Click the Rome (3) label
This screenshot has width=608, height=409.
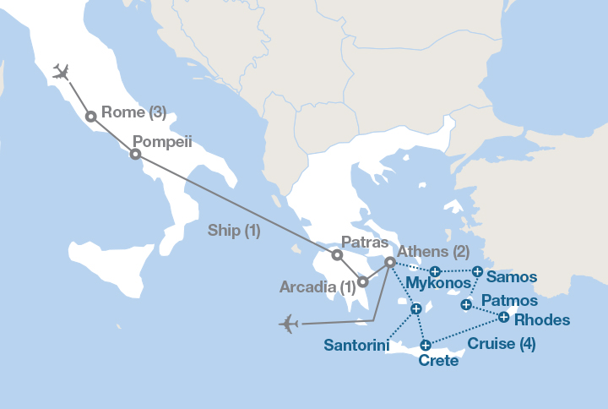pos(133,112)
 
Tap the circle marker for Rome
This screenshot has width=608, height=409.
pos(90,117)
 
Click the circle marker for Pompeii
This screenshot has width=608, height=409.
pos(134,154)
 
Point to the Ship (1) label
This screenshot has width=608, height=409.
pos(234,230)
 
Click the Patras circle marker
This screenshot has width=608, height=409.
pos(336,254)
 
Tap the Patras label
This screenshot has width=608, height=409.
pos(364,242)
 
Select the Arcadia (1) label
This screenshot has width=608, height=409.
pos(317,287)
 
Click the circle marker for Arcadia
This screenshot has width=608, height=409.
pos(361,282)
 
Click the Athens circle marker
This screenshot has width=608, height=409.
pos(389,263)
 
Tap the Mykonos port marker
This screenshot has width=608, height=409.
pos(434,271)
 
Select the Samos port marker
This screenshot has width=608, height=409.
pos(477,271)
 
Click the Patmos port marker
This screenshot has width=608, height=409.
pos(466,304)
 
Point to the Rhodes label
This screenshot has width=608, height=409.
pos(541,320)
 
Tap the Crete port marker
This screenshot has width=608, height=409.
pos(426,344)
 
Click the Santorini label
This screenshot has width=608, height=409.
pos(356,345)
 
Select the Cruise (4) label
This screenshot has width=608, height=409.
pos(502,344)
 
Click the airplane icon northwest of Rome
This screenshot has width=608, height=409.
pos(60,71)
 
